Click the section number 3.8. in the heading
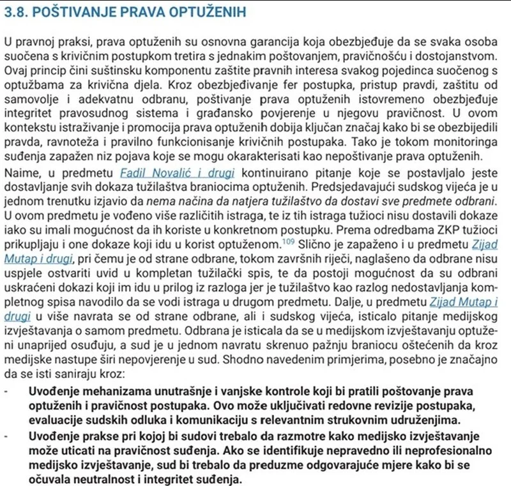(x=17, y=11)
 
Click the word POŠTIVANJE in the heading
(x=72, y=11)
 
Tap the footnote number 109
(x=286, y=240)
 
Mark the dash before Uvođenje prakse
(x=6, y=436)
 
